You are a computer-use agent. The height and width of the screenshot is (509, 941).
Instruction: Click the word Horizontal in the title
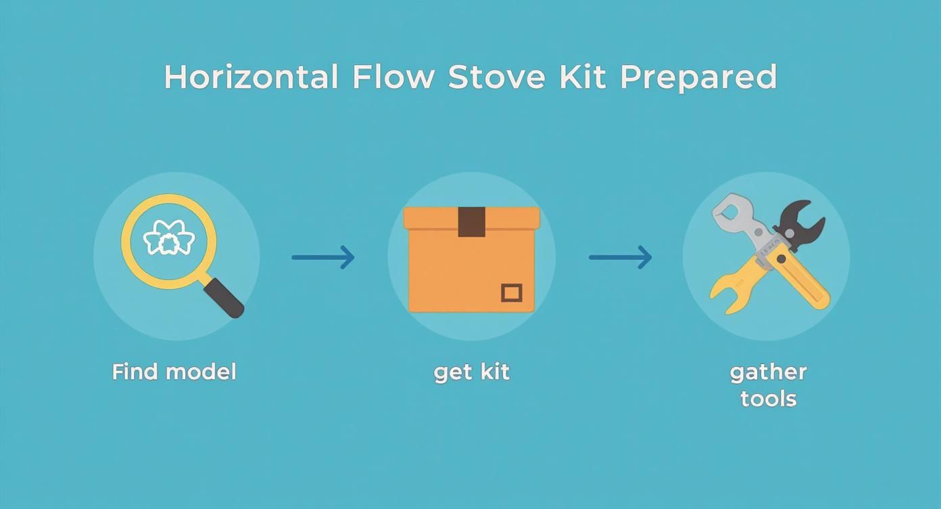pyautogui.click(x=251, y=77)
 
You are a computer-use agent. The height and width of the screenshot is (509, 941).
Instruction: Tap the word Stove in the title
pyautogui.click(x=497, y=77)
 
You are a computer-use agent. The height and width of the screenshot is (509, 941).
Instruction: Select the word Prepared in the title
pyautogui.click(x=698, y=79)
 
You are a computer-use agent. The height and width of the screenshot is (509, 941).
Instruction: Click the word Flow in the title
pyautogui.click(x=393, y=77)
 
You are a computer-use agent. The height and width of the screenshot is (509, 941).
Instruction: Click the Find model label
pyautogui.click(x=174, y=372)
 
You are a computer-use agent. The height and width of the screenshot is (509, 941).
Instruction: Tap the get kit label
pyautogui.click(x=471, y=372)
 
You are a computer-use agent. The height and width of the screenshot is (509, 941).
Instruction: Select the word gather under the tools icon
pyautogui.click(x=768, y=372)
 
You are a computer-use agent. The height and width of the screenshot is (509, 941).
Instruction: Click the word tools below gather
pyautogui.click(x=768, y=398)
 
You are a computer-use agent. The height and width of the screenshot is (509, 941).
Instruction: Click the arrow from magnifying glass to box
pyautogui.click(x=323, y=257)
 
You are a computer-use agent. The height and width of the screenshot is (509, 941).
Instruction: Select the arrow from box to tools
pyautogui.click(x=620, y=257)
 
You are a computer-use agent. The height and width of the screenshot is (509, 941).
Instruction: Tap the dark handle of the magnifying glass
pyautogui.click(x=224, y=298)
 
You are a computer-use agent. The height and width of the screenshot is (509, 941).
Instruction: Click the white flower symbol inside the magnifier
pyautogui.click(x=169, y=239)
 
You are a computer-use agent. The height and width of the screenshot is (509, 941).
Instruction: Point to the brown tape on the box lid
pyautogui.click(x=471, y=221)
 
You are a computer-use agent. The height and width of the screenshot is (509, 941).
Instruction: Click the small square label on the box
pyautogui.click(x=512, y=292)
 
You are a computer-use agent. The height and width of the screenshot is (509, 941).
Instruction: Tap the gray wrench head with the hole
pyautogui.click(x=730, y=211)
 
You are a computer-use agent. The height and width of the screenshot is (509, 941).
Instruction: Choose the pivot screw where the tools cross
pyautogui.click(x=781, y=259)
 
